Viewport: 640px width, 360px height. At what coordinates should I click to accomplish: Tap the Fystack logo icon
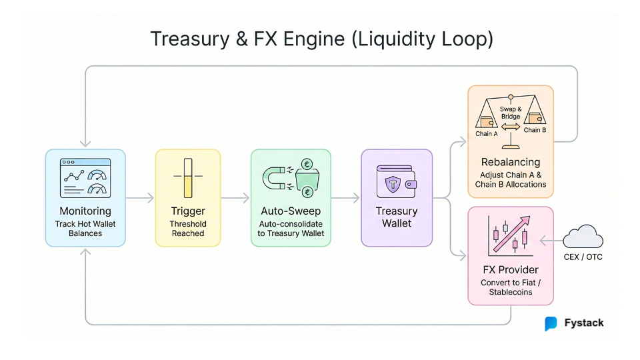[551, 323]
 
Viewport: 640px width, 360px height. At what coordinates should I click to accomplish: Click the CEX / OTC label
[583, 257]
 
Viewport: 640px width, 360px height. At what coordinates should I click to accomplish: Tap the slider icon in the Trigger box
[187, 177]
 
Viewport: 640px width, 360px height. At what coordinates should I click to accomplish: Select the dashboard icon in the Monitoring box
[85, 177]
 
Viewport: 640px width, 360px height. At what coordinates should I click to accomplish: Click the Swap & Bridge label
[511, 112]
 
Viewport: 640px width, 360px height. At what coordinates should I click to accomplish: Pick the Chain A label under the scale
[487, 133]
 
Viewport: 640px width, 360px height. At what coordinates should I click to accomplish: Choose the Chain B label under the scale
[535, 130]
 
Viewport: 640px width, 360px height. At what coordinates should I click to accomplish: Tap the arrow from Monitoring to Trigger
[140, 198]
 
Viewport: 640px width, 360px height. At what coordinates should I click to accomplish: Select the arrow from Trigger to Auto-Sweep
[235, 198]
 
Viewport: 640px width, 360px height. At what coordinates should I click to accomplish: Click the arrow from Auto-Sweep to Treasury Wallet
[346, 198]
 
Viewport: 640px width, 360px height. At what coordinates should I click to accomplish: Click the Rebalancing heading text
[511, 162]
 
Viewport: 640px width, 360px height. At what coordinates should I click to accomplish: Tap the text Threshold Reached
[188, 229]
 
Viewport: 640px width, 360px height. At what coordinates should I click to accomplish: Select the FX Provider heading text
[511, 270]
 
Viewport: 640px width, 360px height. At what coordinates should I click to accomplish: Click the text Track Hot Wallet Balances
[85, 229]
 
